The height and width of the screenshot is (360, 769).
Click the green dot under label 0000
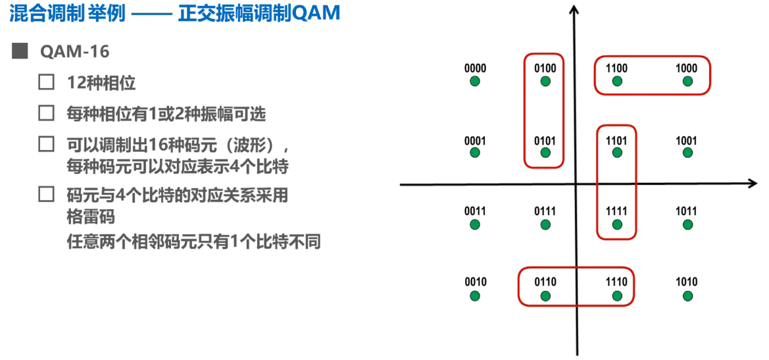(x=475, y=82)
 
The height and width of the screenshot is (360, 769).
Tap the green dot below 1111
(x=617, y=224)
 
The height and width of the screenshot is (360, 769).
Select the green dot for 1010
(x=687, y=296)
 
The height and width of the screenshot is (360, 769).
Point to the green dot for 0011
(x=475, y=224)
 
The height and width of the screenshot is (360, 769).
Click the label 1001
(x=687, y=141)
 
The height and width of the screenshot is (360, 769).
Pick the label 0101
(x=545, y=141)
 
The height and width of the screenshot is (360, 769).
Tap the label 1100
(x=616, y=68)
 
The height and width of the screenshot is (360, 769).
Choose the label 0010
(x=475, y=282)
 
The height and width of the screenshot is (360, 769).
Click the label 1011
(x=687, y=211)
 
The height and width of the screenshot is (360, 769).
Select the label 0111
(x=545, y=211)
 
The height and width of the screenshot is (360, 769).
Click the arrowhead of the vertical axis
(x=576, y=10)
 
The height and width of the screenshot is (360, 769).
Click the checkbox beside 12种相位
(x=46, y=82)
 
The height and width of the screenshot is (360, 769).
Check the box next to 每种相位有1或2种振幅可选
(x=46, y=113)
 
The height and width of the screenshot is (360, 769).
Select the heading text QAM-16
(x=74, y=52)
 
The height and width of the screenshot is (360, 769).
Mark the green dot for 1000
(x=687, y=82)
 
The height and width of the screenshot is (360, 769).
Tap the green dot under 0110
(x=545, y=296)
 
